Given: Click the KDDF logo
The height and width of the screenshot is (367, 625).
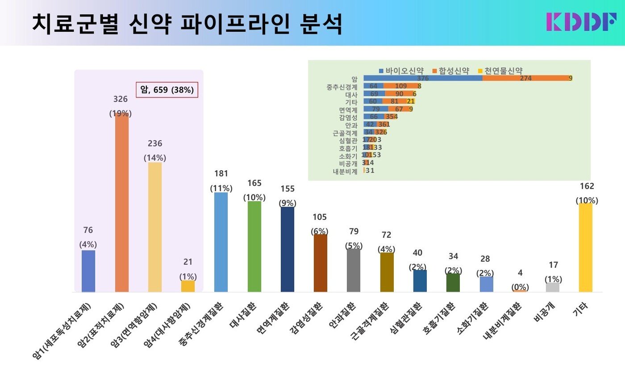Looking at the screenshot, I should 580,21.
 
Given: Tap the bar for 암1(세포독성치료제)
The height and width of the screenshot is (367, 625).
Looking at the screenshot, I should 88,271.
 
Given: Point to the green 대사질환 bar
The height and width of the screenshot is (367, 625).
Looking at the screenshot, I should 254,246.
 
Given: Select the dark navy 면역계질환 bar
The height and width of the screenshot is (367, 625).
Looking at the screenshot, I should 287,249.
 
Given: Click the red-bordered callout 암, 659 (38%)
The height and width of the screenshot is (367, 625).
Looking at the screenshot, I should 167,90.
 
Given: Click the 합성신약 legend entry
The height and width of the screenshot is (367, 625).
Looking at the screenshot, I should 451,70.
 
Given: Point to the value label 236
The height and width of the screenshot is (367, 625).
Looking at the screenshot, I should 155,143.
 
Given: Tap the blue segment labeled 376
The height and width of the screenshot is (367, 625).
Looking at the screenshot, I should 423,78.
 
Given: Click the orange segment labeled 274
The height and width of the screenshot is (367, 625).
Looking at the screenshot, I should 525,78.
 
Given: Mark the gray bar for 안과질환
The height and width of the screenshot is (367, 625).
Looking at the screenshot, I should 354,270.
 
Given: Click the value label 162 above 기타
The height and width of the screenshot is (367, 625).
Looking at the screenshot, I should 585,186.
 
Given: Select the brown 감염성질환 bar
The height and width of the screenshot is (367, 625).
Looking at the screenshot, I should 321,263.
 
